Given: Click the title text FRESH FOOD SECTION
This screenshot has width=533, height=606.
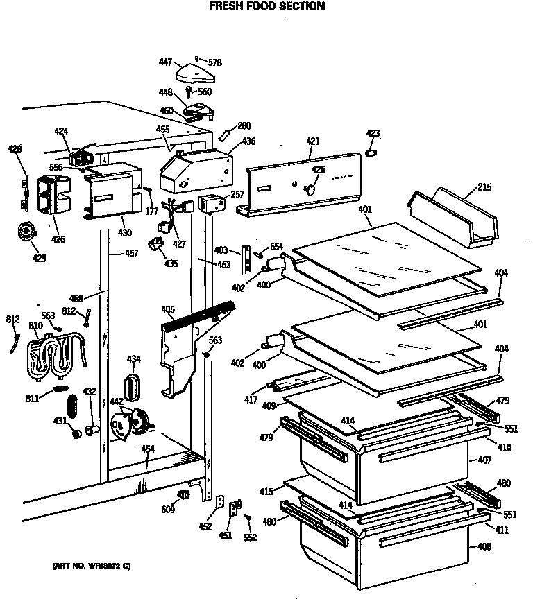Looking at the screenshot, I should click(266, 6).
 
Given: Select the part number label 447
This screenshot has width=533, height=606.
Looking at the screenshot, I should click(165, 62).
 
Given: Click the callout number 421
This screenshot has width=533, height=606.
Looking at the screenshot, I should click(312, 141).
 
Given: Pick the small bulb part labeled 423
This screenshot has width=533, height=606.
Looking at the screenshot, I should click(373, 152).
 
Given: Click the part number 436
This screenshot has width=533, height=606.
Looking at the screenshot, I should click(248, 141).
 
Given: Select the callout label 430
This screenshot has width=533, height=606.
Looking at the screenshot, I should click(124, 232).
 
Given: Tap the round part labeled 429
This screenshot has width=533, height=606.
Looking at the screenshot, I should click(28, 232).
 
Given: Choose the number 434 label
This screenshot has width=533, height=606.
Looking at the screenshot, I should click(133, 358).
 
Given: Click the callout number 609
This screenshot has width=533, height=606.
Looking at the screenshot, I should click(168, 510).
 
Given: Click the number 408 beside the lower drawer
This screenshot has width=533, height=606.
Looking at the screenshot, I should click(484, 547).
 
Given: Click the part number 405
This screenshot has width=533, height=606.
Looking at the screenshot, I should click(167, 309).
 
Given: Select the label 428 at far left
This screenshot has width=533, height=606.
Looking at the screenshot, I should click(15, 148).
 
